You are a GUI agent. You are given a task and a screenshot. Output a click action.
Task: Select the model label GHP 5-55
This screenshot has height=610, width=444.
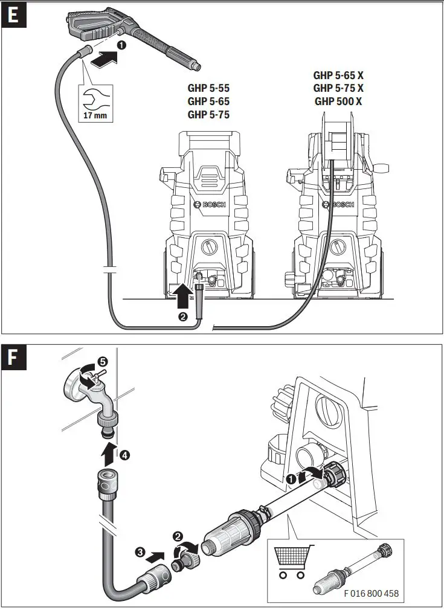tap(208, 88)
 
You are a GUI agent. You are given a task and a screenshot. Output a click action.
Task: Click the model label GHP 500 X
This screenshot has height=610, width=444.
tap(338, 101)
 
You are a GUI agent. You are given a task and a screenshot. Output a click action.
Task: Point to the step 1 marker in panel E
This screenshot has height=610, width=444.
tap(121, 44)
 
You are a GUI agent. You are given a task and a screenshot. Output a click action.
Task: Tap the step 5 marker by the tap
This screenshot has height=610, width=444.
tap(103, 361)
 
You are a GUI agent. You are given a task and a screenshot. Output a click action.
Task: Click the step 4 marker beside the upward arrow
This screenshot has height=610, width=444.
tap(124, 454)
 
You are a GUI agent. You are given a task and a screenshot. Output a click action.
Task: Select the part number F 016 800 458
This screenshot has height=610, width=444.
tap(371, 593)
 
